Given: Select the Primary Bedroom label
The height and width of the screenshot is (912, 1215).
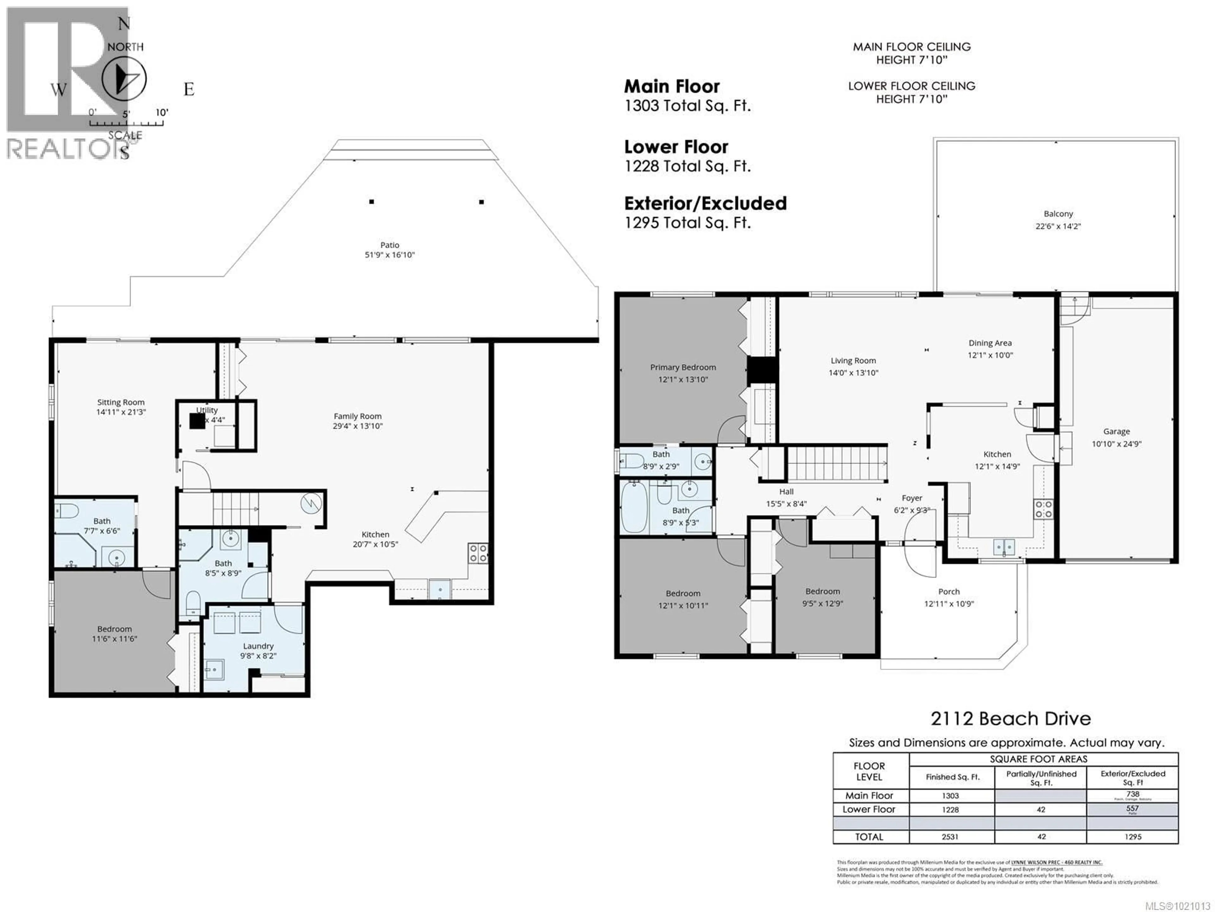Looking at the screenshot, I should pyautogui.click(x=683, y=367).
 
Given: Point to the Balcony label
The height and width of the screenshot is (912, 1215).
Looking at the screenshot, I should pyautogui.click(x=1058, y=214).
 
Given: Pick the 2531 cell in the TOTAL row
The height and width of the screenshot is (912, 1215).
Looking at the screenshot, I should pyautogui.click(x=950, y=837).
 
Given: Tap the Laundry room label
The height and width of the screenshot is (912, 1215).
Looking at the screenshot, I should pyautogui.click(x=258, y=646).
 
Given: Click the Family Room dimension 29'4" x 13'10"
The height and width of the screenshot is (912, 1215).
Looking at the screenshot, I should pyautogui.click(x=358, y=426).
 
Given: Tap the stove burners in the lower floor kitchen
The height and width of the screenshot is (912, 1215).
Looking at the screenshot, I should pyautogui.click(x=477, y=553).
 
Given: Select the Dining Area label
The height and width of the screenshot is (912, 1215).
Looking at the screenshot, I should pyautogui.click(x=990, y=343).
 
